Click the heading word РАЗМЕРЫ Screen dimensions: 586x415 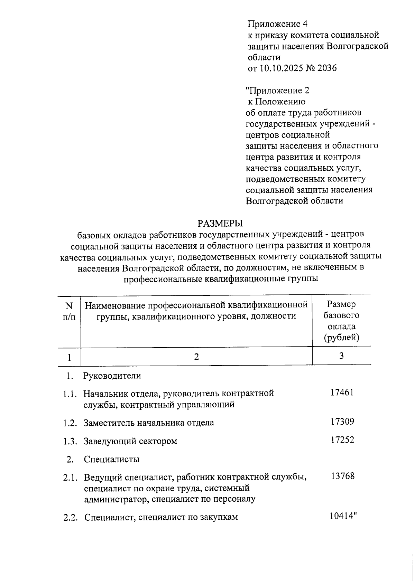220,223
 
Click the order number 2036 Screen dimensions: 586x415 327,68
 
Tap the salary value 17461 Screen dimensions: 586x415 342,393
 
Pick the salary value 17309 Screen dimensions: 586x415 342,422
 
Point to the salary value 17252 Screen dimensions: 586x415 342,440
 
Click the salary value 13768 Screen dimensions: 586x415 342,476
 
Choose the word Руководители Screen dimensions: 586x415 112,376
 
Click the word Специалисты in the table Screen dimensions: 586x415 112,460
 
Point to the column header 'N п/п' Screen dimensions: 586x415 69,311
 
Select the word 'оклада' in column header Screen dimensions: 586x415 342,327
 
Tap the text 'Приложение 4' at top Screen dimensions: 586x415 277,24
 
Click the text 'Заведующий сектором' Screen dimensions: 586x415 130,441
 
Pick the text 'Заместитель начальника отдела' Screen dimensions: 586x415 149,423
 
